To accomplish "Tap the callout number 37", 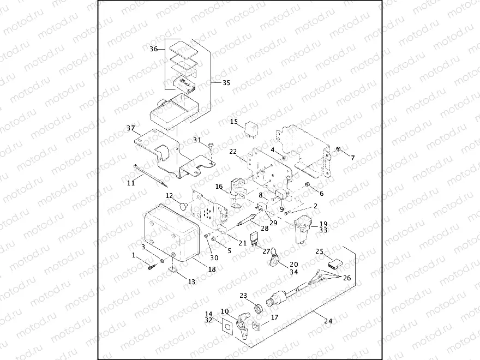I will click(130, 128).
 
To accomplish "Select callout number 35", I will click(226, 83).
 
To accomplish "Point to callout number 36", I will click(154, 49).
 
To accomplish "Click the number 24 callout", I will click(328, 321).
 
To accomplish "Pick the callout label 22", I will click(232, 151).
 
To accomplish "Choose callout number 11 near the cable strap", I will click(130, 183).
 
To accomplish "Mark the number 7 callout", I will click(352, 158).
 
